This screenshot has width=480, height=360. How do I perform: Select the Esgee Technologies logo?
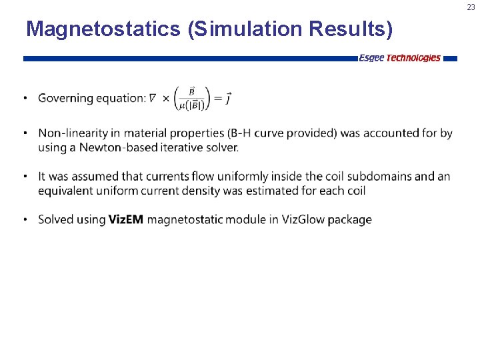coord(399,58)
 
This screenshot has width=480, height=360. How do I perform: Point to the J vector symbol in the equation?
coord(228,98)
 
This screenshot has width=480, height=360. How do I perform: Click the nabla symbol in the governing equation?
coord(153,99)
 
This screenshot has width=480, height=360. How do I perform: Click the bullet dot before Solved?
coord(25,219)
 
